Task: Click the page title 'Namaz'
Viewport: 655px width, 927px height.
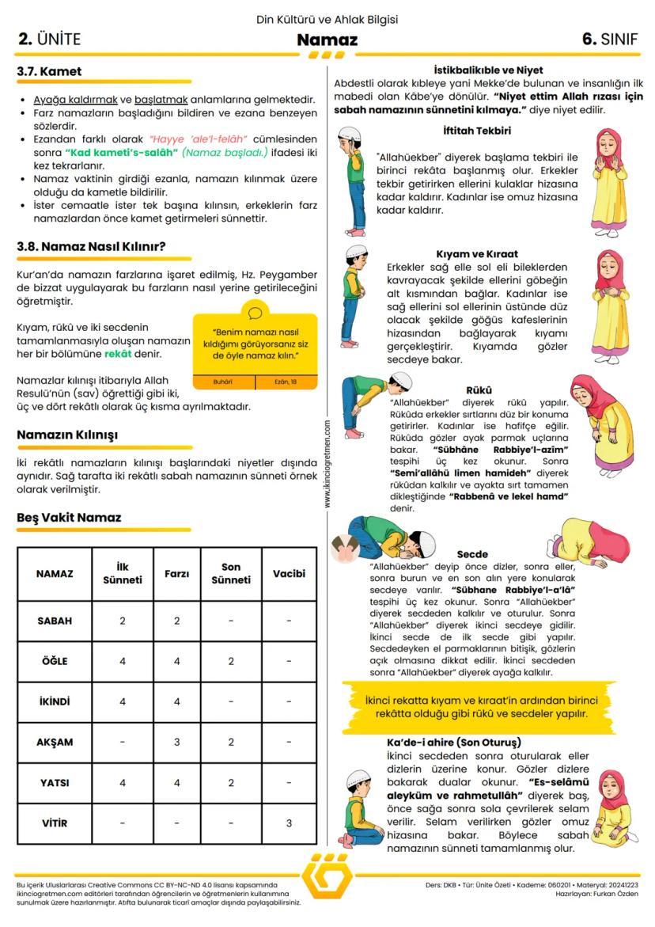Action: (x=327, y=40)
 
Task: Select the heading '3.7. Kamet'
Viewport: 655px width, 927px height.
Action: (x=49, y=71)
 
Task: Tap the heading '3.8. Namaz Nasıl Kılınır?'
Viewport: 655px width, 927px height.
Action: (x=91, y=246)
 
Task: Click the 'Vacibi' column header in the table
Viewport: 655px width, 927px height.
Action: (x=289, y=573)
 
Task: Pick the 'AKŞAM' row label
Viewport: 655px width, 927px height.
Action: (x=55, y=743)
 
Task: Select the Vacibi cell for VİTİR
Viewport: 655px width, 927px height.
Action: (x=289, y=823)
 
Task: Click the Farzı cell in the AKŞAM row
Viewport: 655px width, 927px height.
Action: (x=176, y=743)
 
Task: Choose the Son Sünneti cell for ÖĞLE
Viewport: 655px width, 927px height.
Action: (x=231, y=661)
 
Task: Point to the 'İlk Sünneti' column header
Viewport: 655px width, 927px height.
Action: (x=122, y=573)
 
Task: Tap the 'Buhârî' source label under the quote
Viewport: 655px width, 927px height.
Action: (x=223, y=382)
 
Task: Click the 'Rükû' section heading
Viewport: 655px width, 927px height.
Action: (x=479, y=389)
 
